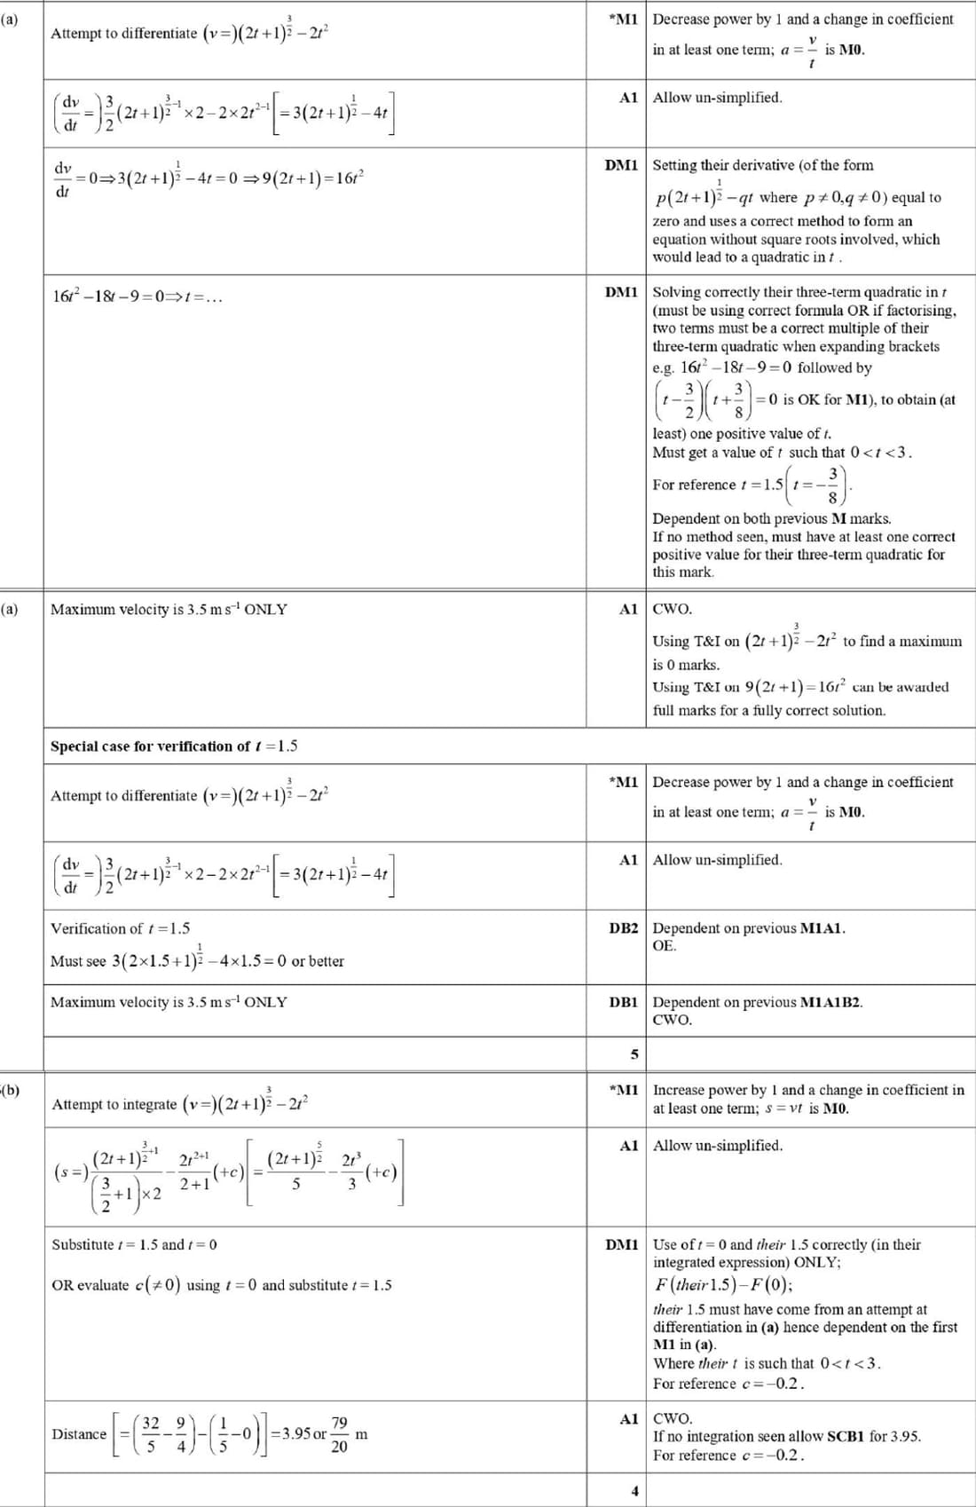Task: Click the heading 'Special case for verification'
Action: click(174, 746)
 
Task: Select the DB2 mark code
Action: click(623, 928)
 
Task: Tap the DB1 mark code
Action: click(623, 1002)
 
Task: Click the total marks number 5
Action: click(634, 1054)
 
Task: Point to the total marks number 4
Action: click(634, 1491)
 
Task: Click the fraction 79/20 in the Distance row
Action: click(339, 1434)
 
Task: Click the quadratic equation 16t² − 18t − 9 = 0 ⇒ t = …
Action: click(138, 296)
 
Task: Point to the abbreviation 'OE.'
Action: click(665, 946)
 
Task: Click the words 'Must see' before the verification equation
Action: click(78, 961)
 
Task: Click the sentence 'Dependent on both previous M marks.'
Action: click(772, 518)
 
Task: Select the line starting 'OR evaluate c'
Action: click(221, 1285)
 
